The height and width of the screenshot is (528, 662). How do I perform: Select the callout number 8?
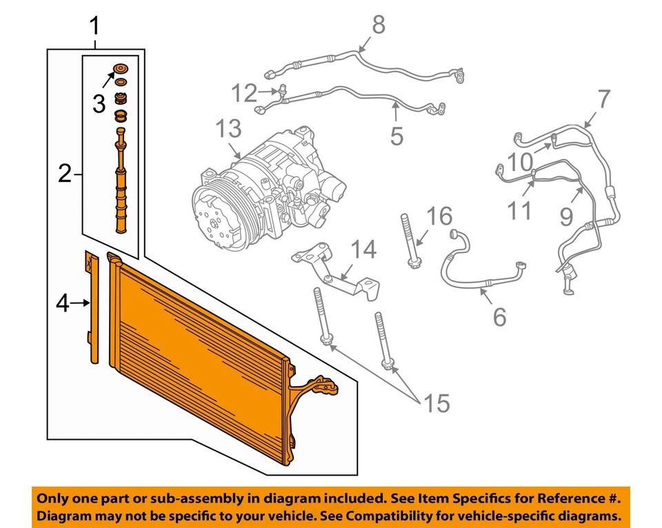[x=378, y=26]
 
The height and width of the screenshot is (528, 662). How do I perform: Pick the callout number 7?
[x=603, y=99]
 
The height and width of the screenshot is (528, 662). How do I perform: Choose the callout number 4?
[x=63, y=303]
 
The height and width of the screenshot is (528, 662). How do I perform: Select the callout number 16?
[x=439, y=216]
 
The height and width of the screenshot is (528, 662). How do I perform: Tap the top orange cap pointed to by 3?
[x=122, y=68]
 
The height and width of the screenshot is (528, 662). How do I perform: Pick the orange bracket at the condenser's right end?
[x=314, y=389]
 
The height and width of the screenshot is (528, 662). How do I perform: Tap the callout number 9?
[x=566, y=218]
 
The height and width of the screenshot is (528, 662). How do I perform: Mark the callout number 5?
[x=396, y=135]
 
